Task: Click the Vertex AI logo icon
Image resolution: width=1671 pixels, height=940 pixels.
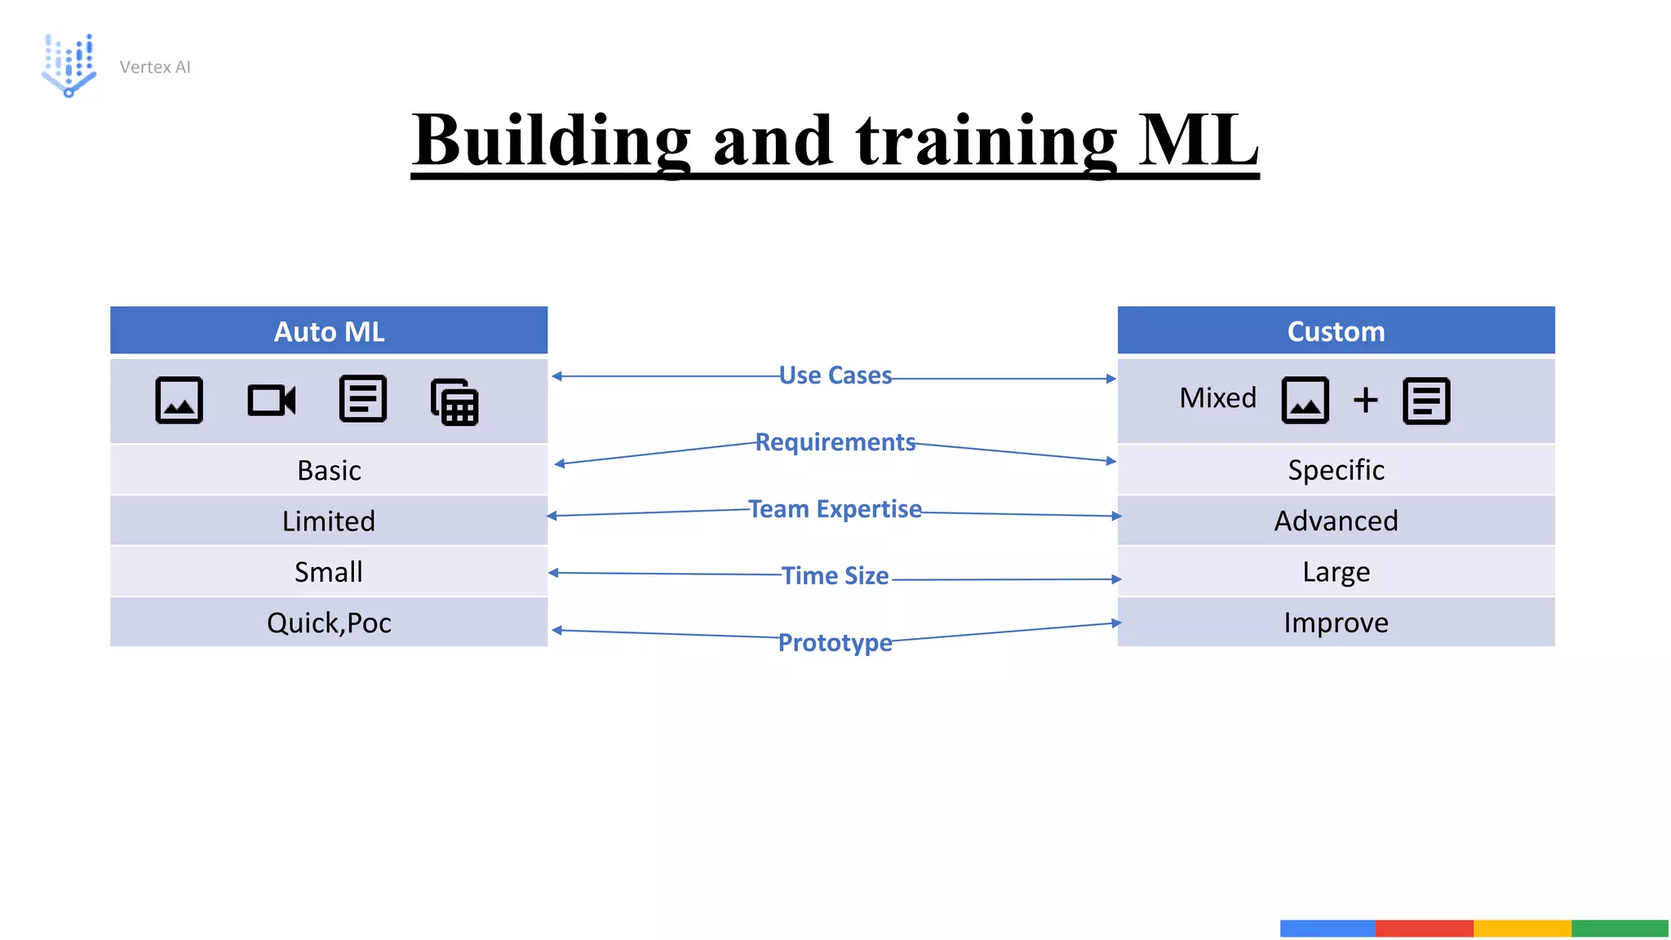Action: (69, 65)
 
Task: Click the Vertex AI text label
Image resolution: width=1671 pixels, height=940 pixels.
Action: (155, 67)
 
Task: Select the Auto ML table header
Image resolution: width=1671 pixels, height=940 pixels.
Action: (329, 331)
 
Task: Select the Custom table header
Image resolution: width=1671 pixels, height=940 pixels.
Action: (1336, 331)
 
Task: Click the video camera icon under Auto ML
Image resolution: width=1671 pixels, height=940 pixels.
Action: (271, 400)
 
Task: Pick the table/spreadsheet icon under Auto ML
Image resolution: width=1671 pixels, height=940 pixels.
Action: (454, 401)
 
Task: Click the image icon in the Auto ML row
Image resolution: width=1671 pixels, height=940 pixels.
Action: (179, 400)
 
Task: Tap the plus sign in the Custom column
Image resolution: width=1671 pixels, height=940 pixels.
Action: (1365, 400)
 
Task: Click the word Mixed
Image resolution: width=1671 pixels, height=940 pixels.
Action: (1217, 398)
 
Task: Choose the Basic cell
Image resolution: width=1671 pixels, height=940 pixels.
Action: (329, 471)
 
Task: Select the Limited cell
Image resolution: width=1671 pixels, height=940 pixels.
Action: (329, 521)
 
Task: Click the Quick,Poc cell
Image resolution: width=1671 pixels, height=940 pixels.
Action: (329, 623)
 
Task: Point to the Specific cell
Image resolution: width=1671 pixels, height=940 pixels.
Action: (1336, 471)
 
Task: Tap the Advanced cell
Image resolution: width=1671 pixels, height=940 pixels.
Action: (1336, 521)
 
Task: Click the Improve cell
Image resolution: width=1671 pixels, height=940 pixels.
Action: (1336, 623)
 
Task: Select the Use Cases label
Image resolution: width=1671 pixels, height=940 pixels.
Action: (835, 375)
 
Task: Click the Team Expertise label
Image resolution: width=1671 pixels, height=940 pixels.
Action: (835, 509)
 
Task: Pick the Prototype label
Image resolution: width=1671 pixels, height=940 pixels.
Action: (835, 643)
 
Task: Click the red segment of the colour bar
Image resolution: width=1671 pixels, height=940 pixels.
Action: (1424, 928)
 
